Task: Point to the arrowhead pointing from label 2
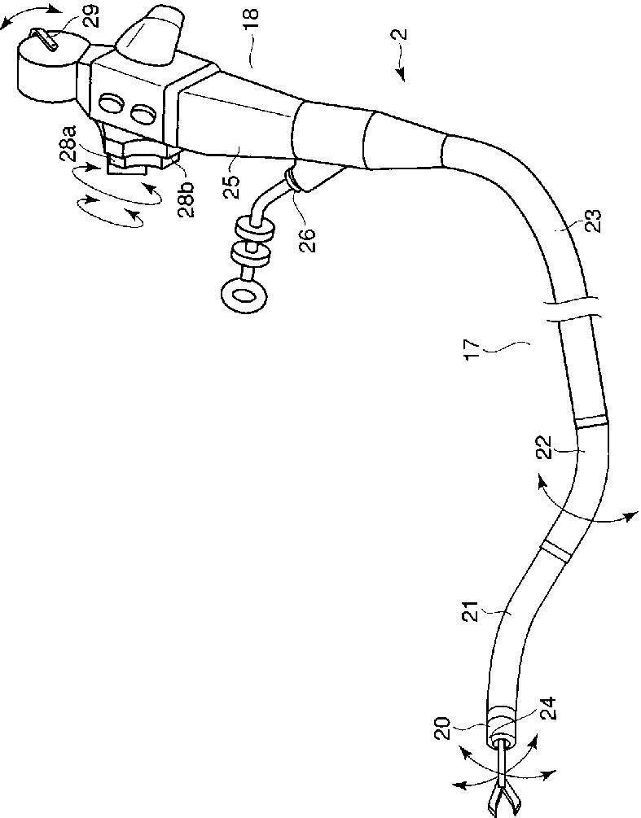click(x=401, y=74)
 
